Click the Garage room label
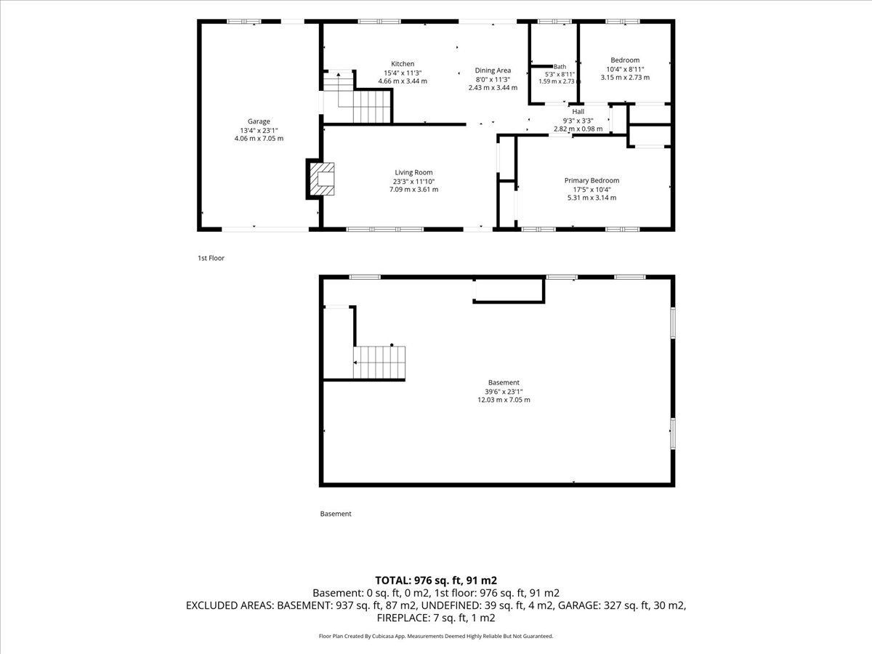point(259,121)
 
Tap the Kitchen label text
point(403,64)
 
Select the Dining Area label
point(493,70)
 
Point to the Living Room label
point(413,172)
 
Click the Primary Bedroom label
point(592,181)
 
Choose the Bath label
point(560,67)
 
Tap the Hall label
point(578,112)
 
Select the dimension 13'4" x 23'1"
point(259,130)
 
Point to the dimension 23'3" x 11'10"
point(413,182)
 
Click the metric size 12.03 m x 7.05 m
point(504,400)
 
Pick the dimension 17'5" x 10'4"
point(592,190)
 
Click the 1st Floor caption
point(211,258)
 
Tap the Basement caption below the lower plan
point(336,514)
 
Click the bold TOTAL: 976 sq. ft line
point(436,581)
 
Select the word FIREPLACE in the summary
point(402,618)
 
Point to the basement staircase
point(379,363)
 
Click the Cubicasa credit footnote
point(436,636)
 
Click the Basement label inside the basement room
point(504,382)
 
